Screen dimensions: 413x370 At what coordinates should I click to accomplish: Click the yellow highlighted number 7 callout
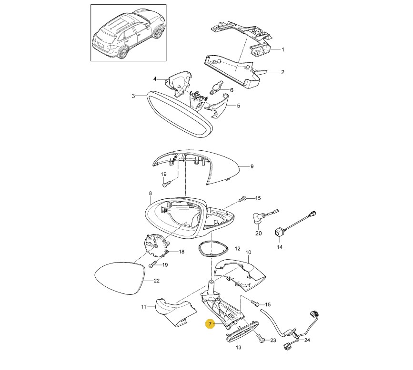tap(210, 324)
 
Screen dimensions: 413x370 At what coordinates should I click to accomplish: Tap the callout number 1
tap(283, 49)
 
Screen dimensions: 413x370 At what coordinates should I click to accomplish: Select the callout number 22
tap(157, 281)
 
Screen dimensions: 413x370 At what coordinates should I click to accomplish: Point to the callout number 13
tap(238, 347)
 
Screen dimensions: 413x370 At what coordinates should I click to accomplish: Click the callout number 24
tap(307, 340)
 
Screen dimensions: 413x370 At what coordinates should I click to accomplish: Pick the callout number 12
tap(237, 249)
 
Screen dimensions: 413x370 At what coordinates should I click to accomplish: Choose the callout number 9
tap(252, 166)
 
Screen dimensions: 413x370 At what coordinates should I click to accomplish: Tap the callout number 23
tap(273, 341)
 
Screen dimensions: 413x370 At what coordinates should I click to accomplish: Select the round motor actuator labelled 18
tap(155, 245)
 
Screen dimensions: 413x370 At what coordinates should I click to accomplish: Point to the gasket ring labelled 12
tap(200, 248)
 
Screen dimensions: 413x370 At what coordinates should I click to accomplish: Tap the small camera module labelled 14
tap(279, 232)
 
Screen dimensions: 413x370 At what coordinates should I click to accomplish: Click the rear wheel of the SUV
tap(123, 53)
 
